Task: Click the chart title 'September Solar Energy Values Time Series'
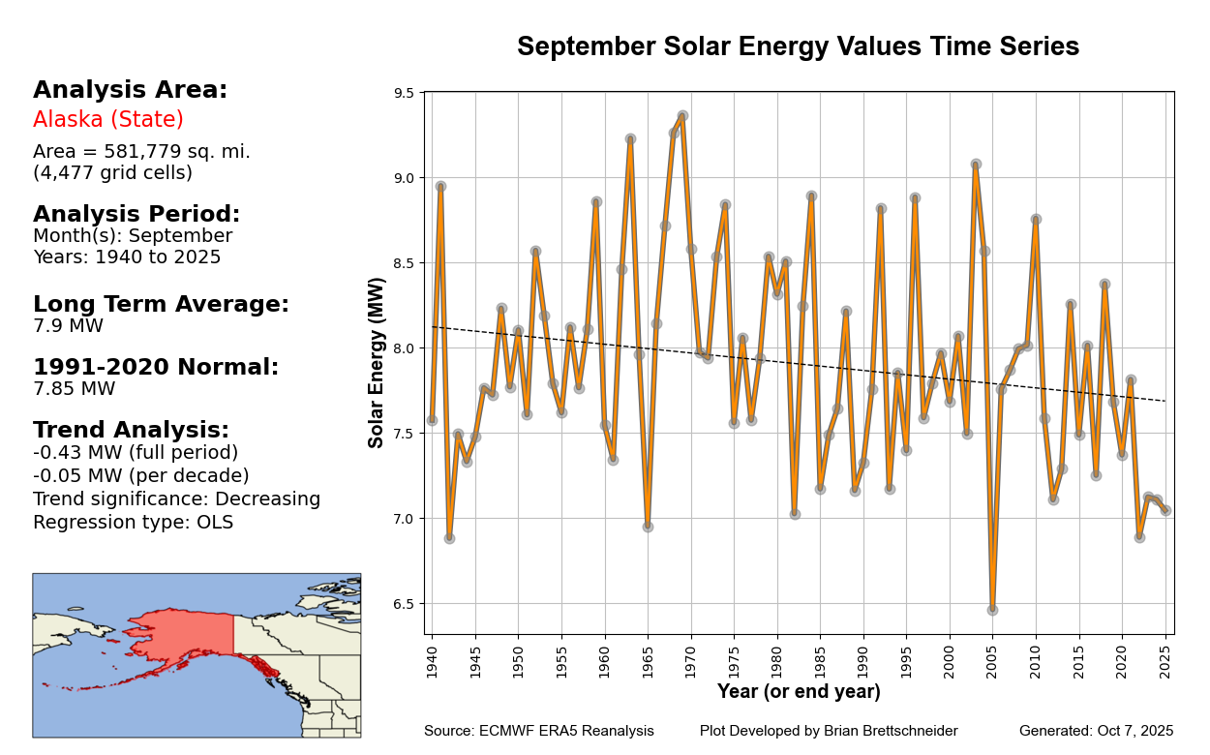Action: click(798, 47)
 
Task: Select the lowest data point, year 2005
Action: click(992, 610)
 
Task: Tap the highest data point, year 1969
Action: click(682, 116)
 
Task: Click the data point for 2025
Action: click(1165, 510)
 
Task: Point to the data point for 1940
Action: click(432, 420)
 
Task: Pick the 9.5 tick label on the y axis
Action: click(404, 93)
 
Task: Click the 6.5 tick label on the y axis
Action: click(404, 604)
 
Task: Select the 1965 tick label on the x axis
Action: click(648, 658)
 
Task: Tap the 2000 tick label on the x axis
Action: click(950, 658)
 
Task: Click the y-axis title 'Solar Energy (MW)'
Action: click(378, 362)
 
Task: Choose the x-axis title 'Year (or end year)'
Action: click(799, 692)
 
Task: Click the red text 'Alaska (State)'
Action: click(108, 120)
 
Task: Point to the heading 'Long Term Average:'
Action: click(161, 305)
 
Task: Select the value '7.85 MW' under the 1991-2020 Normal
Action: click(74, 389)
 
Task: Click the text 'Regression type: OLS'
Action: click(133, 523)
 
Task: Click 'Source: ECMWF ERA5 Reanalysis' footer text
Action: click(539, 731)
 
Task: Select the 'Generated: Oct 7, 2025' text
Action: click(1096, 731)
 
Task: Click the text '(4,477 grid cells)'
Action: click(112, 173)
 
